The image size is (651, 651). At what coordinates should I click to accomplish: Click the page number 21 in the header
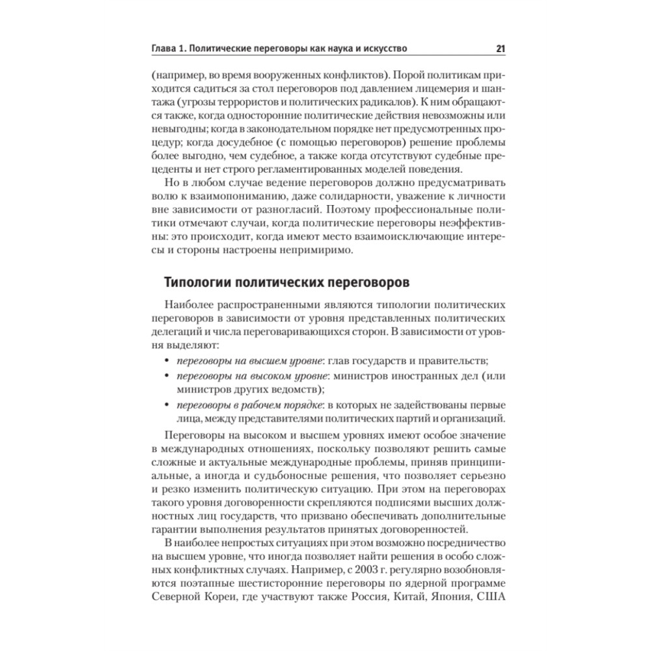click(501, 48)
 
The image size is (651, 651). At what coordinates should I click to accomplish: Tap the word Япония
click(443, 599)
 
